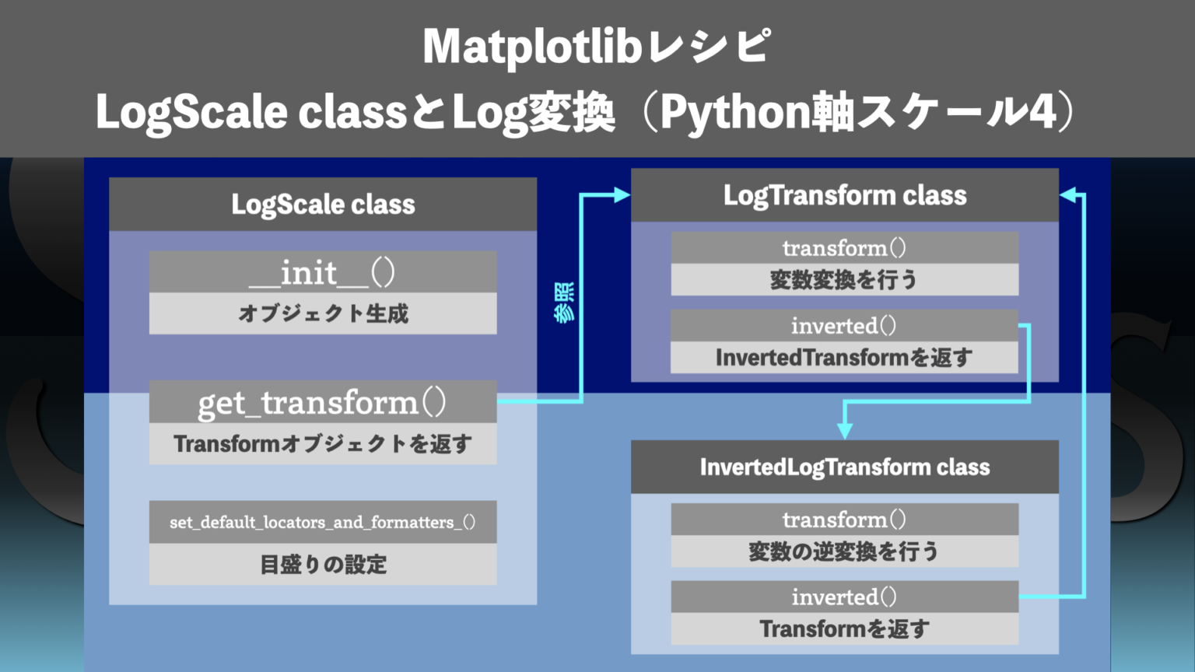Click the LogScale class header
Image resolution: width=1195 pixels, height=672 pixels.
[323, 204]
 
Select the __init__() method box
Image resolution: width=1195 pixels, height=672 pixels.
[323, 272]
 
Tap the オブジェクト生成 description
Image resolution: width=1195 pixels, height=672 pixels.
[323, 313]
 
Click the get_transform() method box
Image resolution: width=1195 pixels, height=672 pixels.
[323, 402]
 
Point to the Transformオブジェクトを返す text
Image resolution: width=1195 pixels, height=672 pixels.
[323, 444]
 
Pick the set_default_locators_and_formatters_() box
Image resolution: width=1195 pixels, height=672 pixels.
[323, 522]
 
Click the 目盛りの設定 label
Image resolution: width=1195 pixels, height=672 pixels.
[323, 564]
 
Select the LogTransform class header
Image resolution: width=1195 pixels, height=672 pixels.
[845, 195]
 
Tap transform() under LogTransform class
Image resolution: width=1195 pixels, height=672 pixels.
[845, 247]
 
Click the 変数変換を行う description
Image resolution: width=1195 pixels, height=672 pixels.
[845, 279]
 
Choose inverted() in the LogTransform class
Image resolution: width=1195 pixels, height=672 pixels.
[845, 325]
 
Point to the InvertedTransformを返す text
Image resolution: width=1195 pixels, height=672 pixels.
[845, 358]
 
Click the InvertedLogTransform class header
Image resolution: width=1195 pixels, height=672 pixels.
[845, 467]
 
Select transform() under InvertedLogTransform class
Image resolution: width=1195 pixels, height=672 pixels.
[845, 519]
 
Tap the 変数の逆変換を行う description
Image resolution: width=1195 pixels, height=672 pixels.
[845, 551]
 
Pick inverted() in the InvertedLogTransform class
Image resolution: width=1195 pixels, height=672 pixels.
[845, 597]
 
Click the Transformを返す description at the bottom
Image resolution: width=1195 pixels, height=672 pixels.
[845, 628]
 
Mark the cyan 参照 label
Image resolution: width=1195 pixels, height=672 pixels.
[565, 302]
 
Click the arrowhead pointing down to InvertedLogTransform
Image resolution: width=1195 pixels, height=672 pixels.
[845, 430]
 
